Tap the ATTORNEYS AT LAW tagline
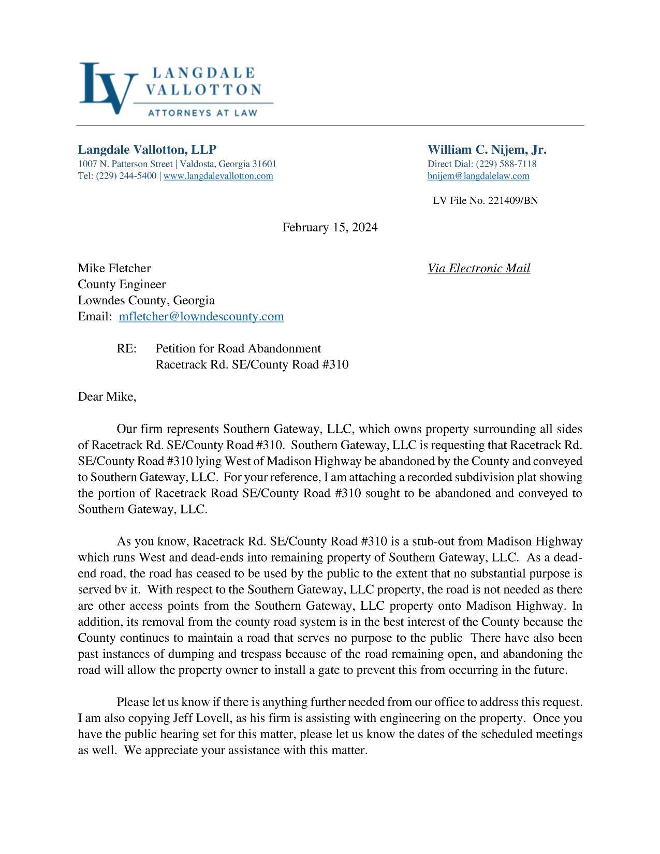point(202,112)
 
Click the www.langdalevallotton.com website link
point(218,176)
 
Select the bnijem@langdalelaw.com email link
point(478,176)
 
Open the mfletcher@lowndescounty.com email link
point(201,316)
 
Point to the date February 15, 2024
point(330,227)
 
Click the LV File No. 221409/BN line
point(485,200)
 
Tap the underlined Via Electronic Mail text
point(478,268)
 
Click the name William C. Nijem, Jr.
point(487,150)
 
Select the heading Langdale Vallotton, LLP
point(147,150)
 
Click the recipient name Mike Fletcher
point(114,268)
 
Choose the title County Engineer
point(122,284)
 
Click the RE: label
point(127,348)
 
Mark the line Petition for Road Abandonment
point(238,348)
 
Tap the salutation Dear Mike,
point(107,397)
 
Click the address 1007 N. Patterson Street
point(125,164)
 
